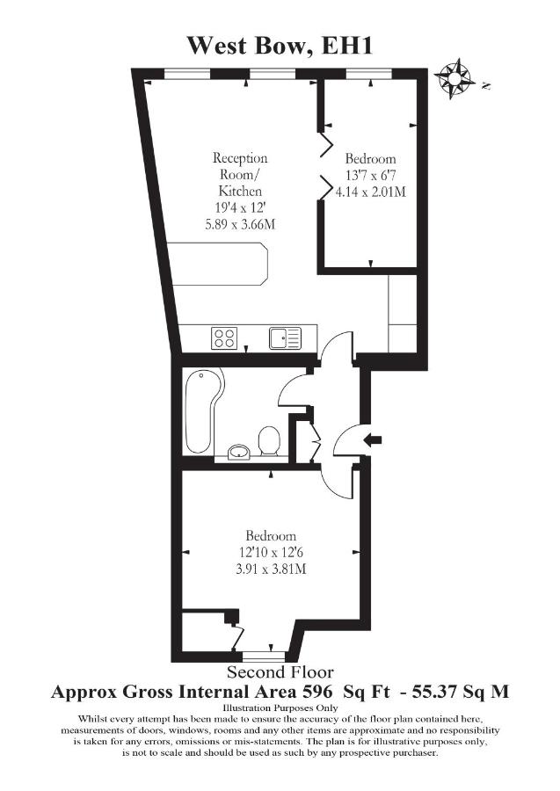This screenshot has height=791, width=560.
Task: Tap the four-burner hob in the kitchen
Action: [x=224, y=338]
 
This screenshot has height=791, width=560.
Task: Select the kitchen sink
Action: [x=285, y=338]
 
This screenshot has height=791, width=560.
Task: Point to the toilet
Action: [x=269, y=441]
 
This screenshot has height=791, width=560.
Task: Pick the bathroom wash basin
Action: [x=239, y=452]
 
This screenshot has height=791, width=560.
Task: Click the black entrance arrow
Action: [x=373, y=439]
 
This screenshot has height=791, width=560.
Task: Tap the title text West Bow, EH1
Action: [x=280, y=46]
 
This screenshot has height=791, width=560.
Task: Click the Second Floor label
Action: [x=280, y=672]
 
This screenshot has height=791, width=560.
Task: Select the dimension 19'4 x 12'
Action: [x=240, y=207]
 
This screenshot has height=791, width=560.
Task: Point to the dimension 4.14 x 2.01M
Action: [x=371, y=192]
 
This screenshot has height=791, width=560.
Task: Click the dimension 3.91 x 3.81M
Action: [x=271, y=569]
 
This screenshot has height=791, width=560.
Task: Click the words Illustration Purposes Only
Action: [x=280, y=708]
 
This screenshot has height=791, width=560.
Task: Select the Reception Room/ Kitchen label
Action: [x=240, y=175]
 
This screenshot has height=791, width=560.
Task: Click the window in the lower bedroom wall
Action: [x=264, y=657]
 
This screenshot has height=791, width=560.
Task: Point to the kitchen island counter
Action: [x=218, y=264]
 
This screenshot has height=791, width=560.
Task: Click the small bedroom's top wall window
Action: [x=369, y=74]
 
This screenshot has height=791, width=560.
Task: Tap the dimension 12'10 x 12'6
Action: [x=271, y=553]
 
